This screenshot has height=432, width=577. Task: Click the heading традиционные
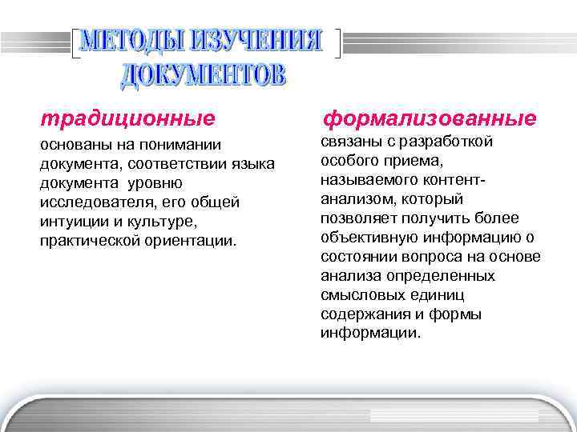(128, 119)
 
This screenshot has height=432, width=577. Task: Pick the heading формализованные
(429, 119)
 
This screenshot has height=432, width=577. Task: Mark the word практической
(89, 241)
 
